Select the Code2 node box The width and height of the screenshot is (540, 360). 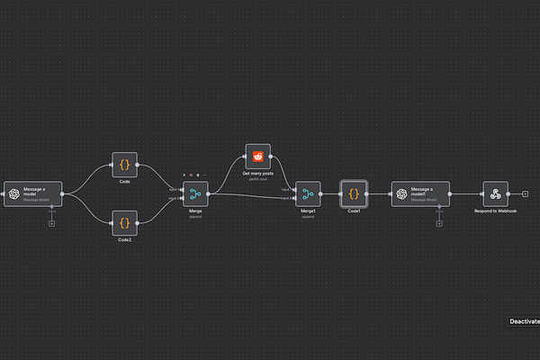click(125, 220)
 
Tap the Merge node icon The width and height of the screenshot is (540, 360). click(195, 193)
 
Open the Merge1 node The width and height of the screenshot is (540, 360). click(308, 193)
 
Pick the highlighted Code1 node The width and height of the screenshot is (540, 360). click(354, 193)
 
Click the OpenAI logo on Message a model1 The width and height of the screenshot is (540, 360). click(403, 193)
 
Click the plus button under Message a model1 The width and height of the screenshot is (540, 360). click(438, 223)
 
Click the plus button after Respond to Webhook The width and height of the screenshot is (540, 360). click(525, 193)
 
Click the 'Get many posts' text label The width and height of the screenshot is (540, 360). click(257, 173)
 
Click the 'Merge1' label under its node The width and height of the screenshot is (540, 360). click(308, 211)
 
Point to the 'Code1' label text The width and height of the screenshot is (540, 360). click(354, 211)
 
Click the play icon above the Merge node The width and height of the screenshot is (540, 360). click(184, 175)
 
